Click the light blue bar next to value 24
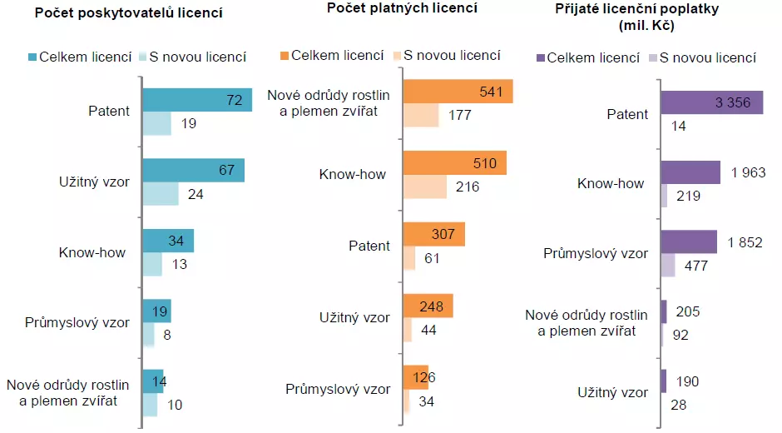pos(160,194)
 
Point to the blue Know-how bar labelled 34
pos(167,241)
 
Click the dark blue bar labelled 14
pos(153,381)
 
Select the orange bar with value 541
pos(458,92)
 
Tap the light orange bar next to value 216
pos(424,187)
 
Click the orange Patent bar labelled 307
pos(433,235)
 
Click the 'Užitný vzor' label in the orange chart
pos(354,317)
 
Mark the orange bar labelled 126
pos(415,377)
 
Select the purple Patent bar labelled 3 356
pos(711,103)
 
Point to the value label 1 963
pos(747,172)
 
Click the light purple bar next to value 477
pos(668,266)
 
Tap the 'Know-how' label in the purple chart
pos(611,183)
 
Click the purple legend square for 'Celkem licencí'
pos(540,57)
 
